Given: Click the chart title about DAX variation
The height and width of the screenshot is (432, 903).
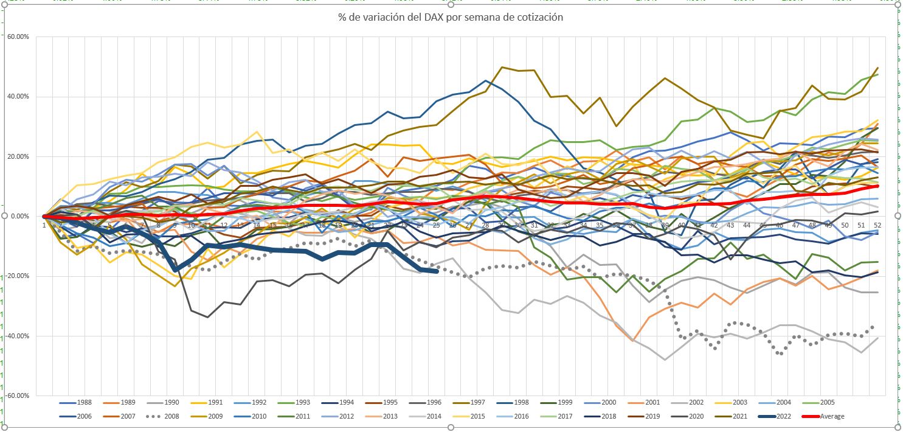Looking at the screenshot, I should (451, 18).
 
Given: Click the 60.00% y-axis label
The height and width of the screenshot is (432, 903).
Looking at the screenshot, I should (18, 37).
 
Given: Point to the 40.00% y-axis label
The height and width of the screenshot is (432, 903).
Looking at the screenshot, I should (18, 97).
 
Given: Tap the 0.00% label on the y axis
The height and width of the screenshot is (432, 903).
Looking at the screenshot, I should (19, 217).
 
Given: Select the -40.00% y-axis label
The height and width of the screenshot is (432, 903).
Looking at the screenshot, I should (17, 336).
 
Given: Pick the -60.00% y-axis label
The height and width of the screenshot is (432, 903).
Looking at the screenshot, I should (17, 395).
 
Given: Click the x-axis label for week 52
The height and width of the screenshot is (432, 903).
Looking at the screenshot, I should (878, 226).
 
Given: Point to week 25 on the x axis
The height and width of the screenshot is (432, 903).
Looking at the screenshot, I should (436, 226).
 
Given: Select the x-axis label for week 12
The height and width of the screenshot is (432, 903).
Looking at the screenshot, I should (224, 226).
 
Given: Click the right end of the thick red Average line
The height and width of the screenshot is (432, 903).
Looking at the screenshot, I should (878, 186).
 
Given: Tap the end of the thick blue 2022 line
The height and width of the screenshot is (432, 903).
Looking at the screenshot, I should (436, 271).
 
